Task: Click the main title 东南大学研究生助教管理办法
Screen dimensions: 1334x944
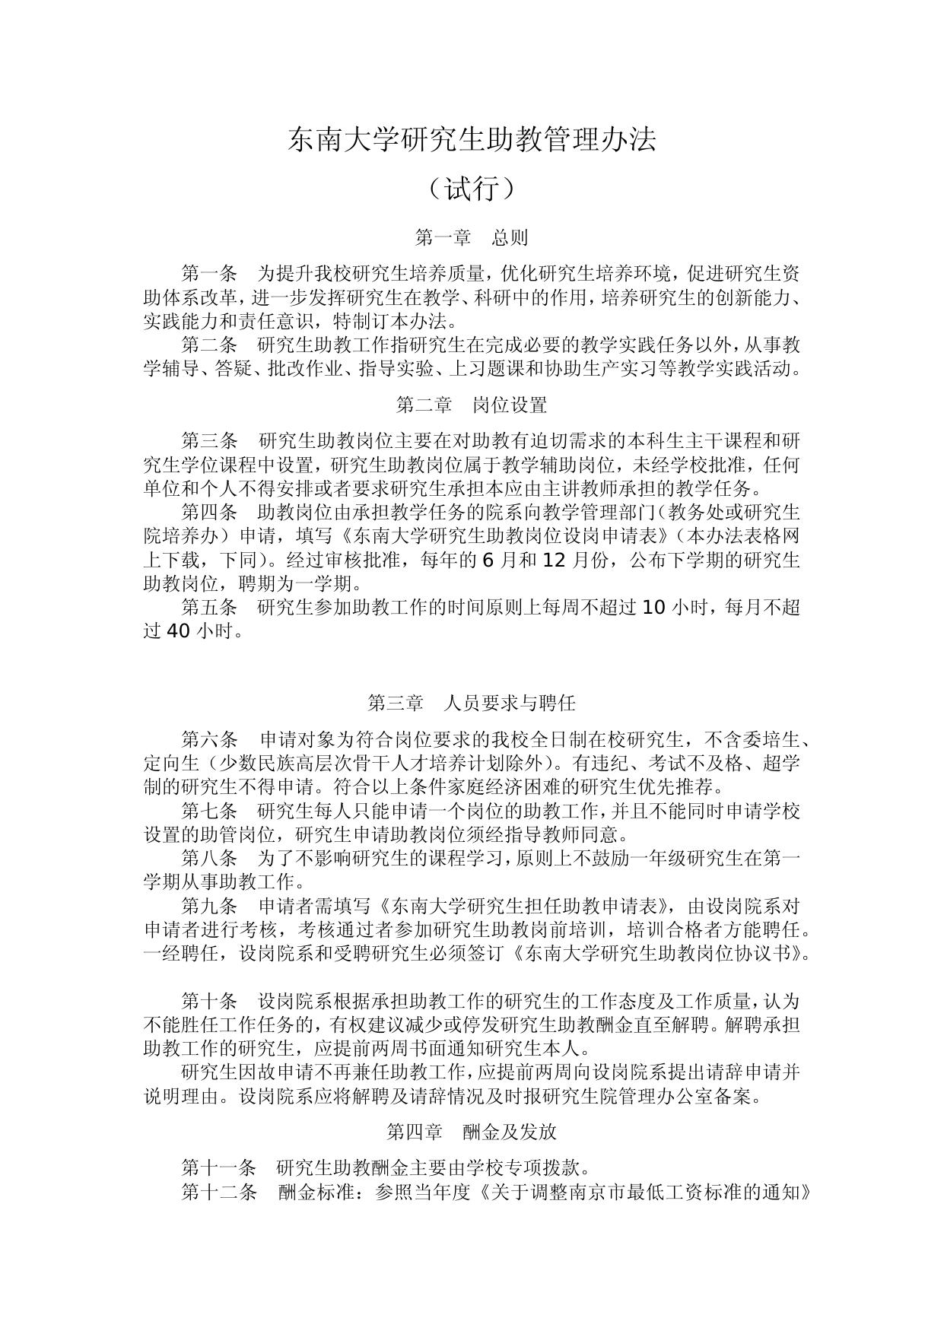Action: (472, 140)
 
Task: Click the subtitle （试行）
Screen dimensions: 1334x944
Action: (472, 189)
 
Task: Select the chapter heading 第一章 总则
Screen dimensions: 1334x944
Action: (472, 237)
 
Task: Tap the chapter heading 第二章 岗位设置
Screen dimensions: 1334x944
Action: (472, 405)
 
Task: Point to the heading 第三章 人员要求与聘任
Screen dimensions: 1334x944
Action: (472, 703)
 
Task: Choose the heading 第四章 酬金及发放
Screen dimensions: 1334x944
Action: (472, 1132)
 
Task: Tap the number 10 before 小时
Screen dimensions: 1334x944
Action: (654, 607)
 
